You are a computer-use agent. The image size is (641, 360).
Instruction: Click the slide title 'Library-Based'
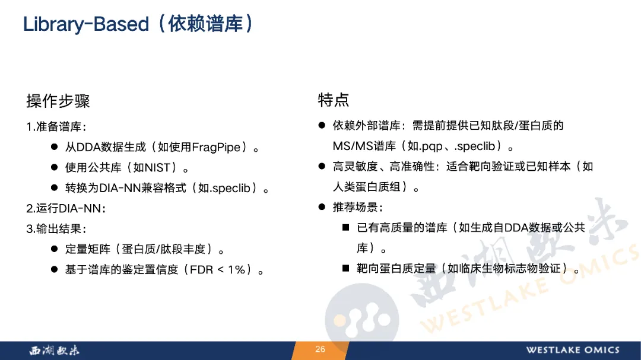[86, 24]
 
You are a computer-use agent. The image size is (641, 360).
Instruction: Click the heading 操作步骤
[58, 101]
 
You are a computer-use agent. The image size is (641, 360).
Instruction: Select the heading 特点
[334, 100]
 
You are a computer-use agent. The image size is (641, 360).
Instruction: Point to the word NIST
[157, 167]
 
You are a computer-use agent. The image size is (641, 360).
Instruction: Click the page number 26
[320, 349]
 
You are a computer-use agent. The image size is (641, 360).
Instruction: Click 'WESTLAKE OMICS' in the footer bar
[573, 350]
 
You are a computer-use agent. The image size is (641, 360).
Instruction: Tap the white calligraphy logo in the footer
[55, 350]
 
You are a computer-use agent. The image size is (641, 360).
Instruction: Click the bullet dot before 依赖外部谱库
[322, 125]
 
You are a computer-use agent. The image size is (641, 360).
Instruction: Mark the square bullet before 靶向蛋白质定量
[346, 268]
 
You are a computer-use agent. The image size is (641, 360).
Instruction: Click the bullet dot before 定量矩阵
[55, 249]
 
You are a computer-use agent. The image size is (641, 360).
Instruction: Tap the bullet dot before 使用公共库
[55, 167]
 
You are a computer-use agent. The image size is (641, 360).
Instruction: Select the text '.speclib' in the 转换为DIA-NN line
[229, 189]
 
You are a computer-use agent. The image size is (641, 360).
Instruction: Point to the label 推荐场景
[356, 207]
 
